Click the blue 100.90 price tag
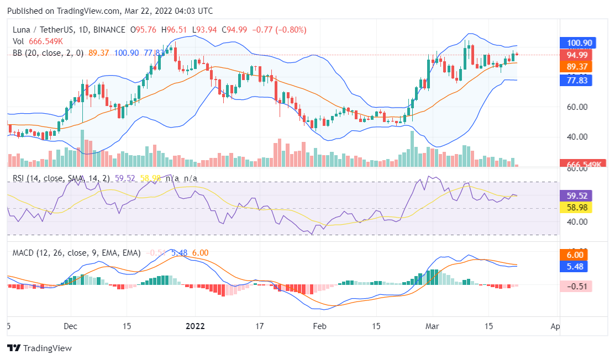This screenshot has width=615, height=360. [x=576, y=43]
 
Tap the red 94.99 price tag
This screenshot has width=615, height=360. [x=576, y=55]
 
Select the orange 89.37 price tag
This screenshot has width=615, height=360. [x=576, y=67]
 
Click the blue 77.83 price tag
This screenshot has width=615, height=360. [x=576, y=80]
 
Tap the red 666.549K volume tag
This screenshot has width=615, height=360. [x=576, y=164]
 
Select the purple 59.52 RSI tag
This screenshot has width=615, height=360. [x=576, y=195]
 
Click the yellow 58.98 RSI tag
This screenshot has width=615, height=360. [x=576, y=208]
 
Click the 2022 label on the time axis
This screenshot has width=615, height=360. [x=195, y=326]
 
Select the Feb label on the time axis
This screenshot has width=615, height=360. [x=320, y=326]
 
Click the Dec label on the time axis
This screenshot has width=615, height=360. [x=70, y=326]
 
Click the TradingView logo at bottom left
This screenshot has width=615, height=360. [x=39, y=348]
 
